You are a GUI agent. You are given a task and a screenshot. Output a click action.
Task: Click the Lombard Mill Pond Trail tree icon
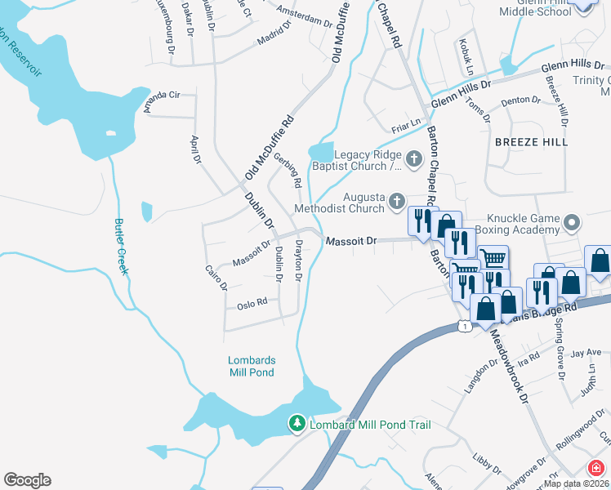[x=297, y=423]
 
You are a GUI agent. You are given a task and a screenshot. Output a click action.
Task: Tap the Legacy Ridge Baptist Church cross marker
[x=414, y=158]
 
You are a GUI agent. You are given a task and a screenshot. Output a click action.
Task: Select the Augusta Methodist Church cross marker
[x=396, y=201]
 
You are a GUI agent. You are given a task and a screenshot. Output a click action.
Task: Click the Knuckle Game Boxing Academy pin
[x=572, y=222]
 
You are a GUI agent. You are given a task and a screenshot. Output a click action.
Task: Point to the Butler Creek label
[x=121, y=247]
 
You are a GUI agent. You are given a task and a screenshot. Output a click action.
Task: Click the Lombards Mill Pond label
[x=252, y=367]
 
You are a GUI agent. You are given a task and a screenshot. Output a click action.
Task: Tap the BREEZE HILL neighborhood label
[x=530, y=142]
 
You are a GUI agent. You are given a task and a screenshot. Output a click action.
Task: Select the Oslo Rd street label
[x=252, y=303]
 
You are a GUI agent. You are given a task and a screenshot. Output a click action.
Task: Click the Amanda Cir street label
[x=161, y=95]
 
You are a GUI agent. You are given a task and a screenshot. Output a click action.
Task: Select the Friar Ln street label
[x=405, y=122]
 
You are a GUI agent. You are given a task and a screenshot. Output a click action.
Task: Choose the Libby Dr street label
[x=487, y=464]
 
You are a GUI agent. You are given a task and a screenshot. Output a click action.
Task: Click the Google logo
[x=27, y=480]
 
